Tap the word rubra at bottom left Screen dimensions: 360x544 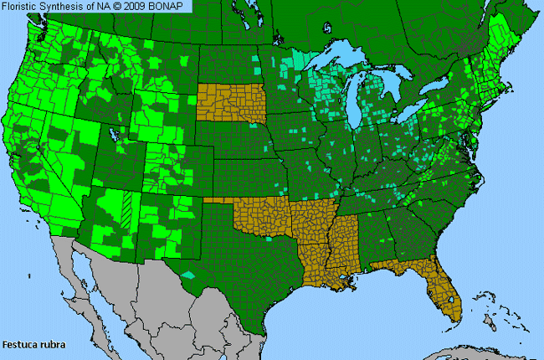pos(50,344)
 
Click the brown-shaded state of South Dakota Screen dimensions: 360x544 pos(232,106)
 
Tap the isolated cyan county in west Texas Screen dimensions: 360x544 pos(188,274)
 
